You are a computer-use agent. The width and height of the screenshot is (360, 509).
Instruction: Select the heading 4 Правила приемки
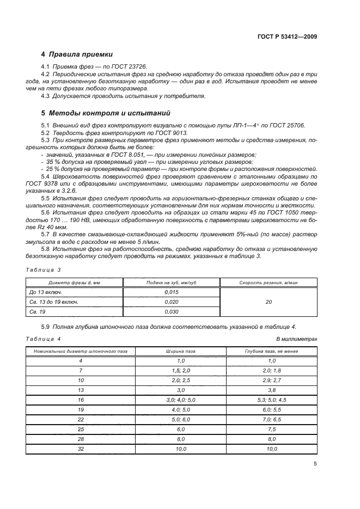(77, 54)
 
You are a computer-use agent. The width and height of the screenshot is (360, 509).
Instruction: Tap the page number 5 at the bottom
(315, 464)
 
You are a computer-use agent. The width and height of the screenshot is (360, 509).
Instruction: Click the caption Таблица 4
(44, 339)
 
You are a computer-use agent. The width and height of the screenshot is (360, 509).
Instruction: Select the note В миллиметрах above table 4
(297, 339)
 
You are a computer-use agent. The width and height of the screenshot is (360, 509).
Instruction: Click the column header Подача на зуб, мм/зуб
(171, 283)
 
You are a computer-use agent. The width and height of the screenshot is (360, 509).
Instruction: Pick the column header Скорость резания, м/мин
(269, 283)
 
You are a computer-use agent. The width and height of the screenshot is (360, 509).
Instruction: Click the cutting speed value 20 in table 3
(269, 302)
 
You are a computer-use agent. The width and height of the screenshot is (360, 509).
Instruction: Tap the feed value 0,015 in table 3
(171, 292)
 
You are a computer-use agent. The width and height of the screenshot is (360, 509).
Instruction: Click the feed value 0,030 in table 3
(171, 311)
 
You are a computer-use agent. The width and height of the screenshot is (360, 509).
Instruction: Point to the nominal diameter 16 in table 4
(81, 400)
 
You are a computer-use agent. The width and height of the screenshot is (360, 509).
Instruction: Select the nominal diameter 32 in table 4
(81, 449)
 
